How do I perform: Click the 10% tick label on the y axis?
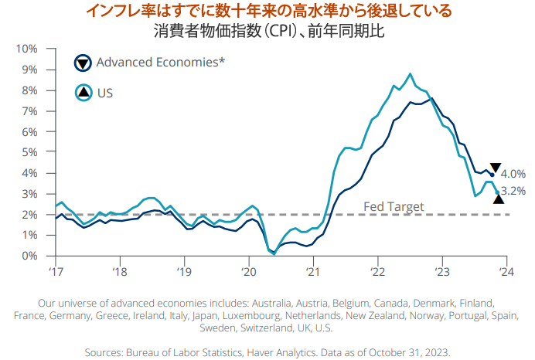pos(26,49)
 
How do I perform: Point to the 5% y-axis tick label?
pos(29,152)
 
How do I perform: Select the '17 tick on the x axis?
pos(55,271)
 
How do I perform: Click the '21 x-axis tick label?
pos(312,271)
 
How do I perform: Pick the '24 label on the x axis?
pos(506,271)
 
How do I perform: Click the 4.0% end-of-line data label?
pos(513,174)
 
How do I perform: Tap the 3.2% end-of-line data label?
pos(513,190)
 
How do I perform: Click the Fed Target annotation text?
pos(394,206)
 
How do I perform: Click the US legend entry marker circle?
pos(83,93)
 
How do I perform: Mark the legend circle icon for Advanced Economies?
pos(83,63)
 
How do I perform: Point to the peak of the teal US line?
pos(410,74)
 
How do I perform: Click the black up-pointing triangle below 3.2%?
pos(499,199)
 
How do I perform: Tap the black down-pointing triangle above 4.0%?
pos(496,168)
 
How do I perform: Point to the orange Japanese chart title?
pos(267,12)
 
